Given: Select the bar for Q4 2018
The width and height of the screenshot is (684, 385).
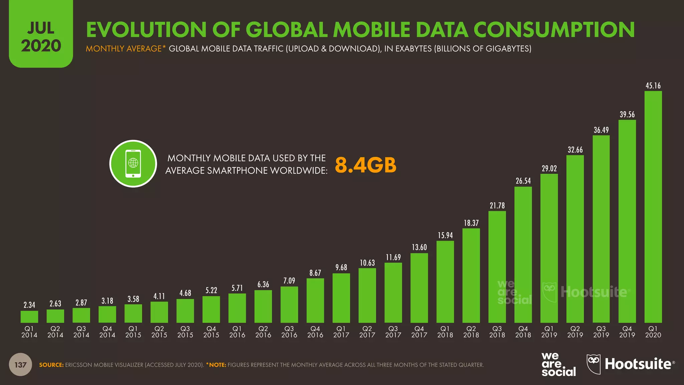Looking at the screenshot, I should click(523, 254).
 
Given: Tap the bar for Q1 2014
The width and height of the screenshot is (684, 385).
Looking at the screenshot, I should click(29, 316).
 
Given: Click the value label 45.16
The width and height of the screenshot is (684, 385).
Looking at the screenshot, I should click(653, 86).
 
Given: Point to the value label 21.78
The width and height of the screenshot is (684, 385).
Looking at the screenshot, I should click(497, 206).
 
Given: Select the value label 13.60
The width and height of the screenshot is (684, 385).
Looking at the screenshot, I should click(419, 247).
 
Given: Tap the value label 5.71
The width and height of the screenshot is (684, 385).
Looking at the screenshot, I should click(237, 288).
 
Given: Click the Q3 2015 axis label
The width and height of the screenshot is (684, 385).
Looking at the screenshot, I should click(185, 332).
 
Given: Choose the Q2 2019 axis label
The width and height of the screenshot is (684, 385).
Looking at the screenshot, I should click(575, 332).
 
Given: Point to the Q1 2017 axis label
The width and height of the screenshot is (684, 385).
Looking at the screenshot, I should click(341, 332).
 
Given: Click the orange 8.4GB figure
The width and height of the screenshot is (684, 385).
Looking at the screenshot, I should click(365, 165).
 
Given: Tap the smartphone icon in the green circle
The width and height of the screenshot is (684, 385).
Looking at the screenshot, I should click(133, 164).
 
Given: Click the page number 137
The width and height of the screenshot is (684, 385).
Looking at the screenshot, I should click(20, 365).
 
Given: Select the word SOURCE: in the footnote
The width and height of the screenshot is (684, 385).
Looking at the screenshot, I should click(51, 365).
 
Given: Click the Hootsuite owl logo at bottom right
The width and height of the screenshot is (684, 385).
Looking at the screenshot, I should click(593, 364).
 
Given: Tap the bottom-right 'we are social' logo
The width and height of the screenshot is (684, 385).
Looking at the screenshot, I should click(558, 364).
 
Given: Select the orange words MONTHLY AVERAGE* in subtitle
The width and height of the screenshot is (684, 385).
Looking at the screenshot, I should click(126, 49).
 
